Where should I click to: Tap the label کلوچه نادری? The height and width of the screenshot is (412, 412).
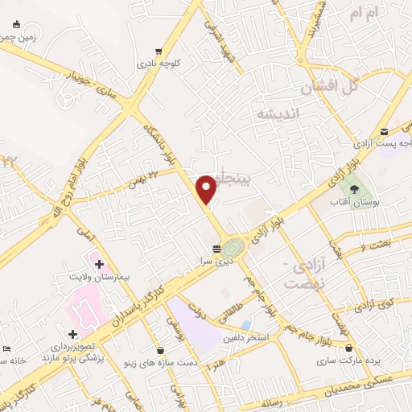pos(157,62)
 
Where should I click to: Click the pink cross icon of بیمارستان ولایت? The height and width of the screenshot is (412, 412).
pos(99,263)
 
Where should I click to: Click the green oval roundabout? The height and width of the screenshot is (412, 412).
pos(233,247)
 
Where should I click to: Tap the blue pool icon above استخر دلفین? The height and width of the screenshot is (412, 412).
pos(245,324)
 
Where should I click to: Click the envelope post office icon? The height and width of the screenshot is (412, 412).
pos(385,132)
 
